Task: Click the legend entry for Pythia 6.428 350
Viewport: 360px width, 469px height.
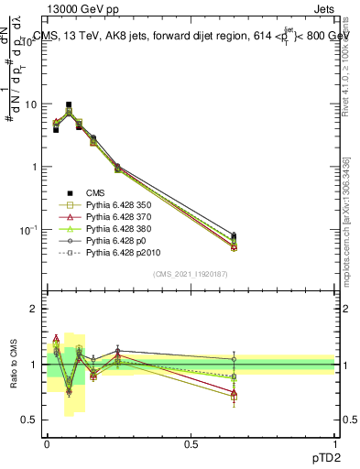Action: pos(116,204)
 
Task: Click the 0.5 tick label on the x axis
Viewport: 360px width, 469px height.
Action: pos(191,443)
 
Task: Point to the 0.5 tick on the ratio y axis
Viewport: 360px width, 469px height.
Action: pos(30,421)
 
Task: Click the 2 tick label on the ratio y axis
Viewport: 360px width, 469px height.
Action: pos(34,309)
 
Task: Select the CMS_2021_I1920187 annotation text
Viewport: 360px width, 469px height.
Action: pos(191,274)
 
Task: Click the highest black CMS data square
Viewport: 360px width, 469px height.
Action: pos(69,105)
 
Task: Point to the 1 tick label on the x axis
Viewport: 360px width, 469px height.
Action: pos(334,443)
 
